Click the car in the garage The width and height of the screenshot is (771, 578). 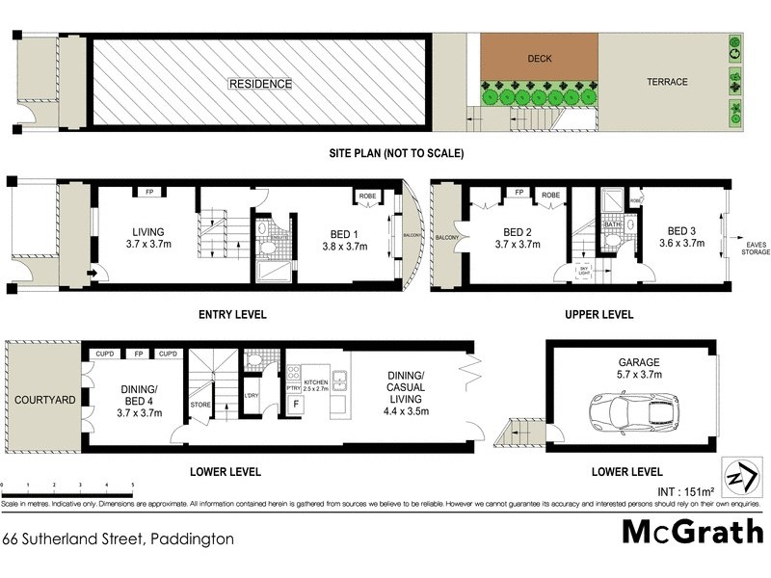pyautogui.click(x=633, y=412)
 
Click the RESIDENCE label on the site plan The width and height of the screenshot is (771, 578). pyautogui.click(x=259, y=84)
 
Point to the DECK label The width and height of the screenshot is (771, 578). pyautogui.click(x=539, y=59)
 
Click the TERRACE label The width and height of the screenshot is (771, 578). pyautogui.click(x=667, y=82)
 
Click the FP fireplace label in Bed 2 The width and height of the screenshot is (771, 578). pyautogui.click(x=519, y=194)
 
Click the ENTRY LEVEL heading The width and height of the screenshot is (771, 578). pyautogui.click(x=231, y=315)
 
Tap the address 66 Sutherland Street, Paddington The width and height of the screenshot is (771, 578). pyautogui.click(x=118, y=539)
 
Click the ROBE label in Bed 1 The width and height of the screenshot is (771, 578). pyautogui.click(x=368, y=196)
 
